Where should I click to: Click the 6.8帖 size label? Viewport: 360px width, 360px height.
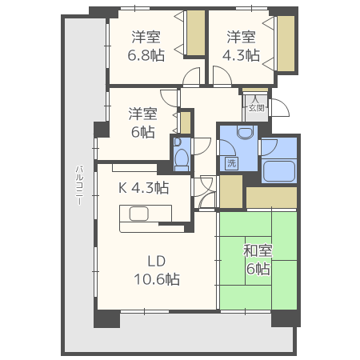tap(146, 55)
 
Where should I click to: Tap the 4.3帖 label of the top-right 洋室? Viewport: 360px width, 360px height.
tap(241, 55)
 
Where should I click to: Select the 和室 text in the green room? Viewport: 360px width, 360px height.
tap(258, 250)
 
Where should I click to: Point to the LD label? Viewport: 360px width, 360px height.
tap(157, 262)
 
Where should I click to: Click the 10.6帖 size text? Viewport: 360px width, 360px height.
tap(157, 279)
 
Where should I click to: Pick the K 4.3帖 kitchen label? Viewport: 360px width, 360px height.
tap(143, 188)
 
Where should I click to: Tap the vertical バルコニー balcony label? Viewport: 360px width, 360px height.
tap(79, 186)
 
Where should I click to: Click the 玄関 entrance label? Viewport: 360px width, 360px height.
tap(257, 108)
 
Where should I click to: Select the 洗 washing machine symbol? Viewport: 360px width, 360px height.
tap(231, 162)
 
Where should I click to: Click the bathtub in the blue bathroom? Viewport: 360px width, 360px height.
tap(279, 171)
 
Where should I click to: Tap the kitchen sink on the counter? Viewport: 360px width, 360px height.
tap(138, 214)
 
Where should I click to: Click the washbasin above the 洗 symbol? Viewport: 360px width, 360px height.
tap(245, 133)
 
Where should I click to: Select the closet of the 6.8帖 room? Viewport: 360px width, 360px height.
tap(196, 33)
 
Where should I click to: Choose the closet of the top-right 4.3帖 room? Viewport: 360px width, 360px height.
tap(286, 43)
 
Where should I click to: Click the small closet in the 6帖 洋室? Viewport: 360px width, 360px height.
tap(186, 122)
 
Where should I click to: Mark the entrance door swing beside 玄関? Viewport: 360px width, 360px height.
tap(280, 108)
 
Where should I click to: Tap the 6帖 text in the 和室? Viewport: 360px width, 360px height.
tap(258, 269)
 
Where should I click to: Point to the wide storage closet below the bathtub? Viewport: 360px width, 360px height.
tap(271, 198)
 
